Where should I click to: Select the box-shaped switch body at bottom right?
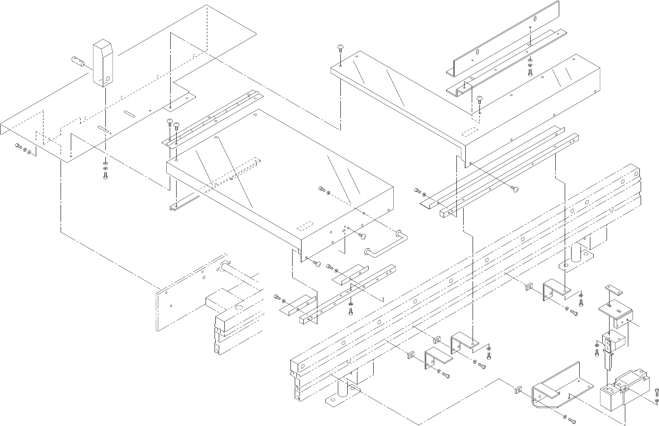pos(611,396)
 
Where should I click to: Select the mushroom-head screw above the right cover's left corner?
pos(340,48)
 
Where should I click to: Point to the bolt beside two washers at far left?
pos(18,146)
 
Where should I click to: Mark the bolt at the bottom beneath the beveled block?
pos(105,176)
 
